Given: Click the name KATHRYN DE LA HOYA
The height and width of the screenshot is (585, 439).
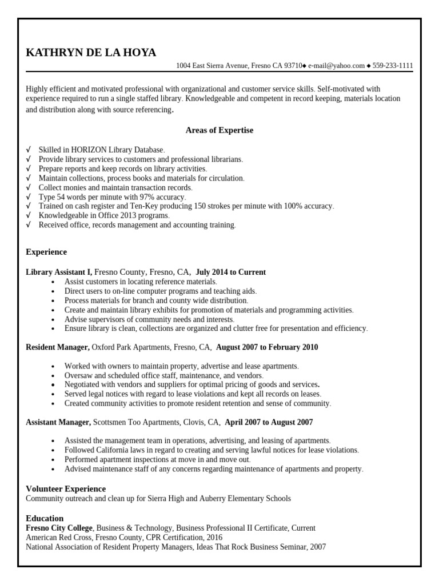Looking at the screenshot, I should click(x=91, y=53).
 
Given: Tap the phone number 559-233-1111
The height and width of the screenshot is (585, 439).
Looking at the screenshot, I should click(x=393, y=66).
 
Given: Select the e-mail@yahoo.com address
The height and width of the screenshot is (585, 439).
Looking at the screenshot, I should click(x=336, y=66).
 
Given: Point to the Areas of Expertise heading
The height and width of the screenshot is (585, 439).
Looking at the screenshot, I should click(x=219, y=130).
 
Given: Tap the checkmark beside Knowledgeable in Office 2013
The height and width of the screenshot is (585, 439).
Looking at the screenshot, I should click(x=28, y=215).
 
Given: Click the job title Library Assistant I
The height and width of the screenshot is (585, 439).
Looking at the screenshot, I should click(x=59, y=272).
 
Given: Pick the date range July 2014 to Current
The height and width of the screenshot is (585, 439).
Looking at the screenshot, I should click(x=230, y=272).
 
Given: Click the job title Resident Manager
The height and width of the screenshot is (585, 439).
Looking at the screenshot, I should click(x=58, y=347).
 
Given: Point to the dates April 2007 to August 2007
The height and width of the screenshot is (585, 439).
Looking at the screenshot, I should click(x=269, y=422).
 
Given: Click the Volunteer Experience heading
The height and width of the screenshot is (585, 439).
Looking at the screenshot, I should click(x=66, y=488).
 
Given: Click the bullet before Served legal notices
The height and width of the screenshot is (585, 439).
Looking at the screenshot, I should click(x=53, y=394).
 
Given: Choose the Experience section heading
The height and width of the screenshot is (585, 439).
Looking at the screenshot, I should click(x=46, y=252).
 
